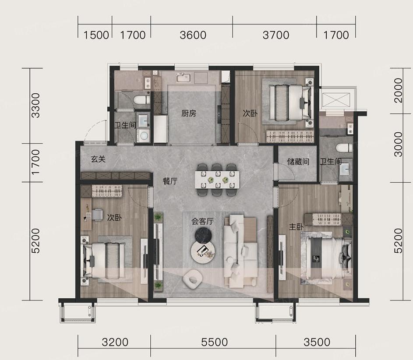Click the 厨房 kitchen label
pos(189,113)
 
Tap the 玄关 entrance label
pos(98,159)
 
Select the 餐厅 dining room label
pos(170,181)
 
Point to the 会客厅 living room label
pos(202,222)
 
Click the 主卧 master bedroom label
pos(297,227)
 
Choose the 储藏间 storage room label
pos(298,162)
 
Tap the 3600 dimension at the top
pos(193,35)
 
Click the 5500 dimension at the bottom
pos(214,342)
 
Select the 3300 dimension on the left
pos(35,106)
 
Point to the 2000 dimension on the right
pos(398,90)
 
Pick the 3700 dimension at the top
pos(276,35)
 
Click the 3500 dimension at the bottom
pos(317,342)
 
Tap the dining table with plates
pos(217,180)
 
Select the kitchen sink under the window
pos(184,78)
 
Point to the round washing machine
pos(144,135)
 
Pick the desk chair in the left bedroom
pos(97,214)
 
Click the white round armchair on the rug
pos(193,279)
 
